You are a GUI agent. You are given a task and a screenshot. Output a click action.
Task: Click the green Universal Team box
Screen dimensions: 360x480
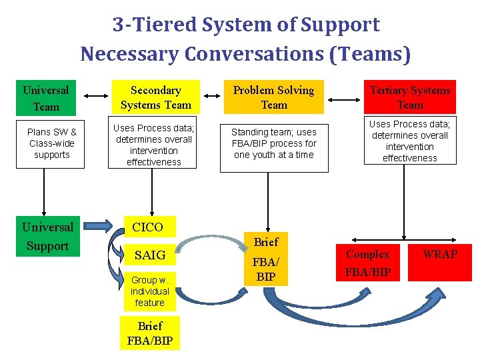(x=46, y=97)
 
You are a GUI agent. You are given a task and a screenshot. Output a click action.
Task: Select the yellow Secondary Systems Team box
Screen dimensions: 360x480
(x=155, y=97)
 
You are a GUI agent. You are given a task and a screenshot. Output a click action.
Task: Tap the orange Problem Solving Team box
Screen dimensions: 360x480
(x=273, y=97)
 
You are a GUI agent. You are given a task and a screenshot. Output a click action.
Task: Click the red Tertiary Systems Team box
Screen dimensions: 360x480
(x=409, y=97)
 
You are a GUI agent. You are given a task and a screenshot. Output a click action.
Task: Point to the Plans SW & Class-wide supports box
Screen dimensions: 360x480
(x=51, y=143)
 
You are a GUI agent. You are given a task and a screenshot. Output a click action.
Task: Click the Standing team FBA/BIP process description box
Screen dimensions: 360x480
(x=273, y=144)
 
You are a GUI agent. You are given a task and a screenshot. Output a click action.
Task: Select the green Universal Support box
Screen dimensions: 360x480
(x=47, y=236)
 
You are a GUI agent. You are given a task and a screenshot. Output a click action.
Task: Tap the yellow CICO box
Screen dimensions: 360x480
(x=148, y=227)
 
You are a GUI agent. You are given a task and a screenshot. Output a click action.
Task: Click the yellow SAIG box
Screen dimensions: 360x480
(x=149, y=255)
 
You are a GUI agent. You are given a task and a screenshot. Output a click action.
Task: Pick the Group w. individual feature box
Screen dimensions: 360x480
(x=149, y=291)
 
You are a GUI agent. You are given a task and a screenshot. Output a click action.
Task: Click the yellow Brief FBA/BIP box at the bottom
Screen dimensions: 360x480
(x=149, y=333)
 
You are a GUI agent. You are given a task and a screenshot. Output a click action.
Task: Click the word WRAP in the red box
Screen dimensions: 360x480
(x=440, y=254)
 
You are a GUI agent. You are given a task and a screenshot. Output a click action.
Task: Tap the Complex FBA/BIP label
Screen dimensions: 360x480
(x=367, y=263)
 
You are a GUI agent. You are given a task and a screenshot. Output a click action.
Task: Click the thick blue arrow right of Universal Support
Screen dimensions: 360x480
(x=103, y=227)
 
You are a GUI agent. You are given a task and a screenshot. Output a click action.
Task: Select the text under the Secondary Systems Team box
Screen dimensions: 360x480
(x=153, y=145)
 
